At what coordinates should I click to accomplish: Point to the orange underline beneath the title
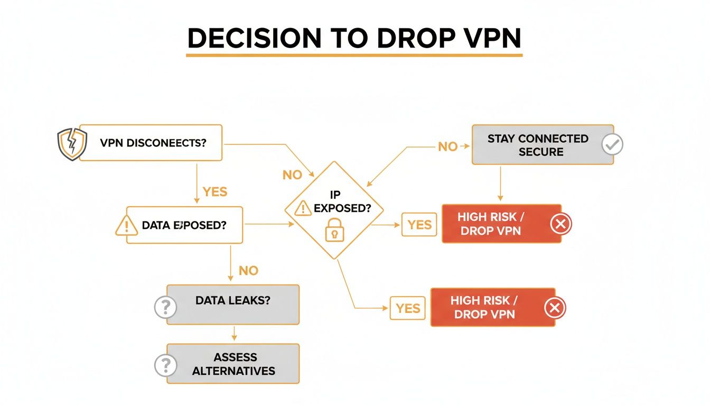point(354,54)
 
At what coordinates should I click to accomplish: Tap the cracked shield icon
point(71,143)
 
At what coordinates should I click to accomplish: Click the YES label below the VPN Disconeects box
point(215,191)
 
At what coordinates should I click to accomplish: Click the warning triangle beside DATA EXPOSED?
point(126,225)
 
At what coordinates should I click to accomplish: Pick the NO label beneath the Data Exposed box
point(248,271)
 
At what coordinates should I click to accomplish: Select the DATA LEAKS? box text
point(233,300)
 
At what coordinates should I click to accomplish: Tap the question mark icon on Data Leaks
point(165,307)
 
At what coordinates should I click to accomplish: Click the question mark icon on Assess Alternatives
point(165,365)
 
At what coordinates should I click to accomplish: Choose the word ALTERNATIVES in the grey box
point(233,371)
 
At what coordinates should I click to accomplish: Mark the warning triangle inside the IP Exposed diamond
point(303,208)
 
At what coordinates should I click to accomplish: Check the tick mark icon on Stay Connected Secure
point(613,144)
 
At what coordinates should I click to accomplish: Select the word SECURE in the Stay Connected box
point(540,152)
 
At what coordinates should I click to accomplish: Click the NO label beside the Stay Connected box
point(447,146)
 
